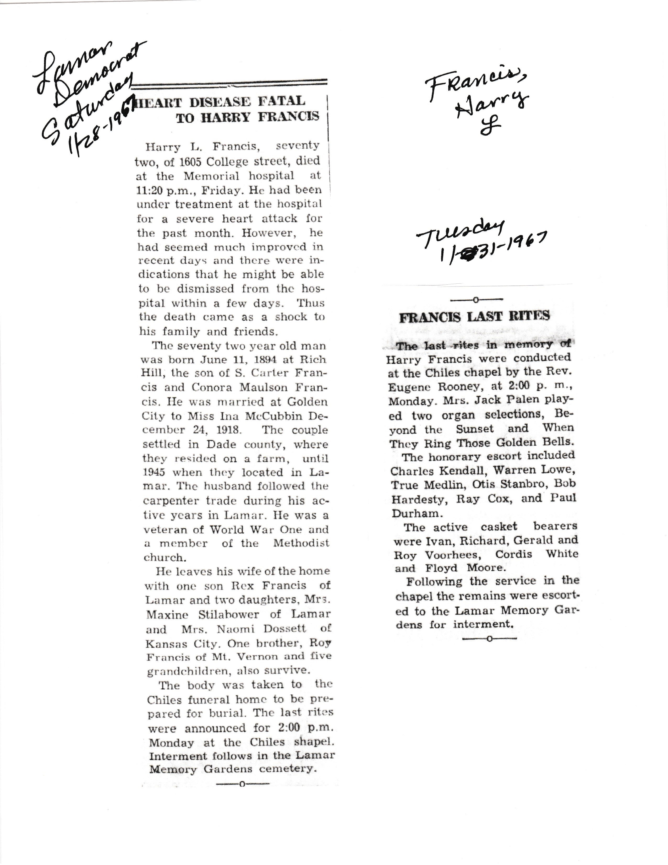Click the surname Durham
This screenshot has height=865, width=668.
point(415,514)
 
